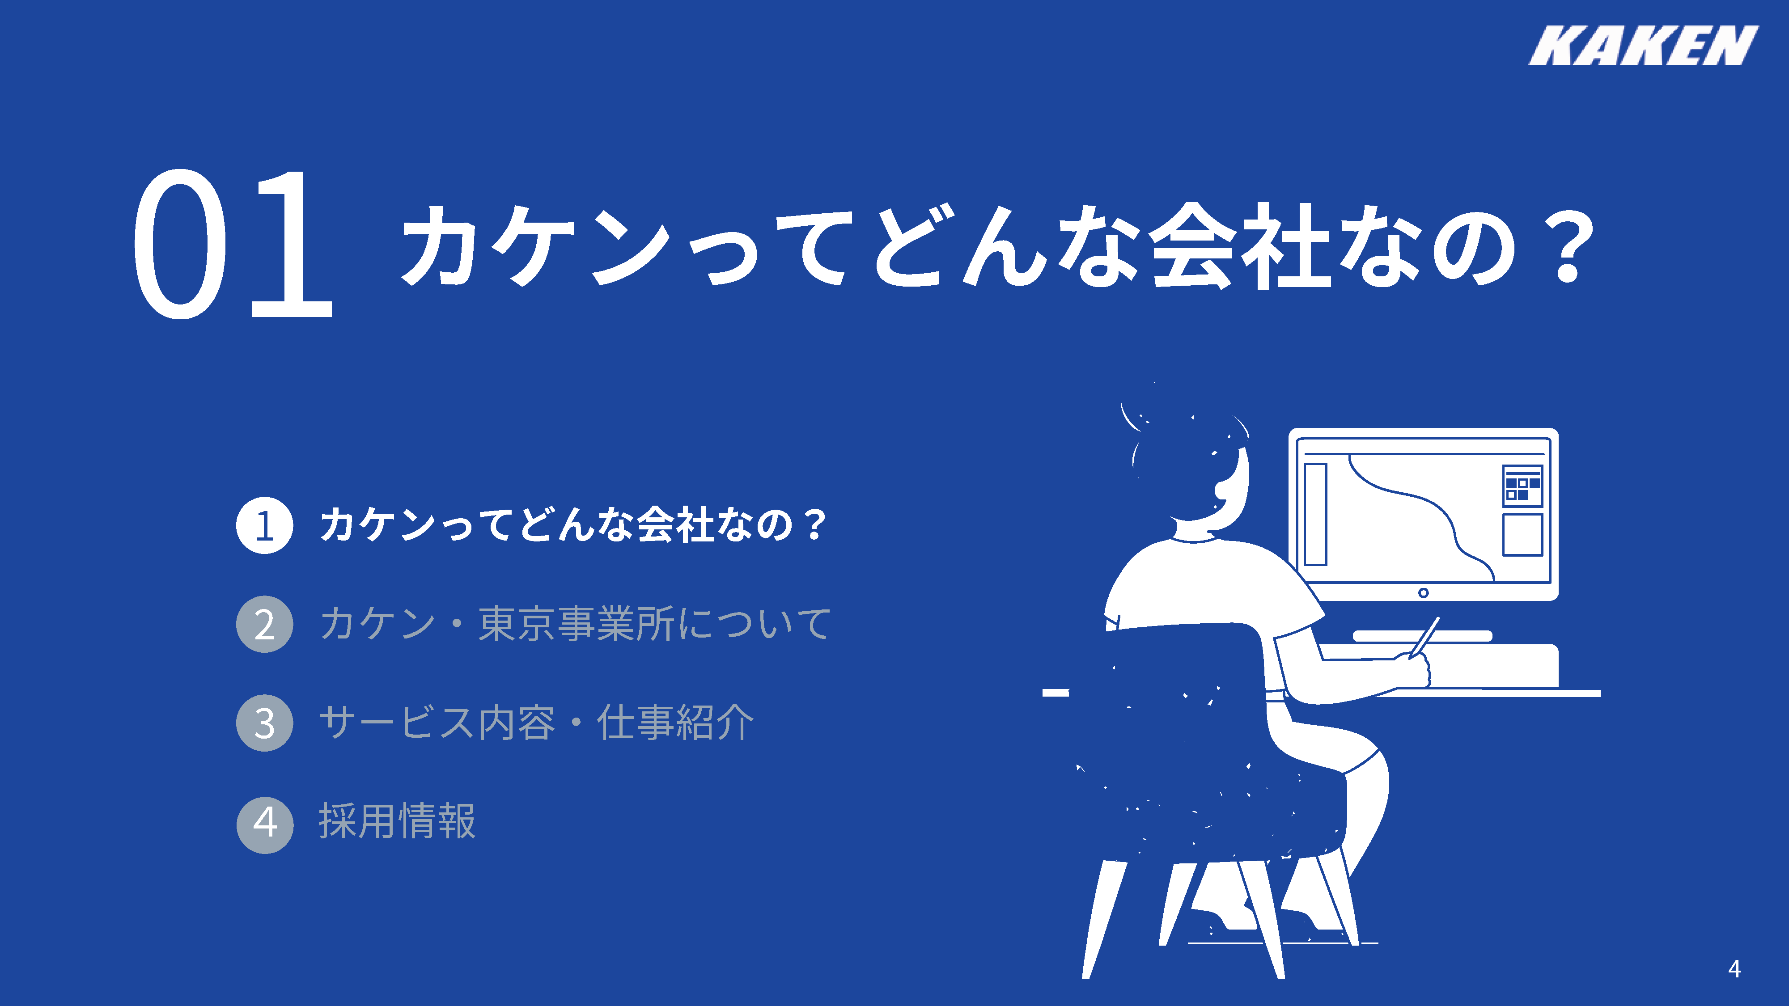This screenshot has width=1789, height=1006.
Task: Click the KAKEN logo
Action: point(1643,45)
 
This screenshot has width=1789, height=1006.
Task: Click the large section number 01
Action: point(233,245)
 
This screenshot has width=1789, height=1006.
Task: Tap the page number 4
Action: point(1734,968)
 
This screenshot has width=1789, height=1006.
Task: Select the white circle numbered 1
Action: point(265,525)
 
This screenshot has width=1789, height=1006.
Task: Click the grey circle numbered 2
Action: point(265,624)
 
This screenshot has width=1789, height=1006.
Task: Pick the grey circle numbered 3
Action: point(265,723)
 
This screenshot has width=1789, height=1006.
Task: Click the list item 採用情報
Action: point(397,821)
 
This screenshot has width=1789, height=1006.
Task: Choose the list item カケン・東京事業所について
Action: point(575,623)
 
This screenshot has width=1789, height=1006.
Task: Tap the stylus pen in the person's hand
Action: point(1424,636)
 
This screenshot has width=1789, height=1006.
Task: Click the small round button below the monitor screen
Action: point(1423,593)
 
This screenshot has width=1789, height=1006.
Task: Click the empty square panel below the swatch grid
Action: point(1522,535)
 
